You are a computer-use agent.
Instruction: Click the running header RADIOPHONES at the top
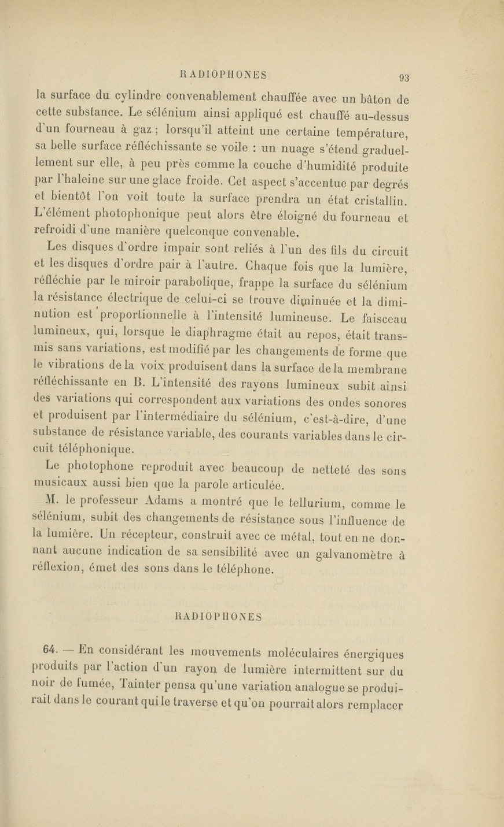pos(223,75)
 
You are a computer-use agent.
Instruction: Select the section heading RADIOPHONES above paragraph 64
pos(219,617)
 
